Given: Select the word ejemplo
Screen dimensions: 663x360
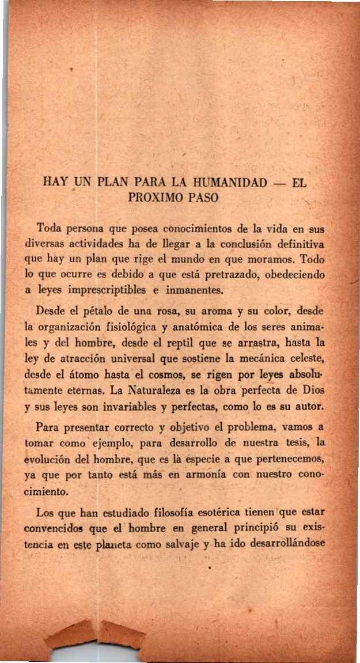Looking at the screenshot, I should pyautogui.click(x=115, y=443).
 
